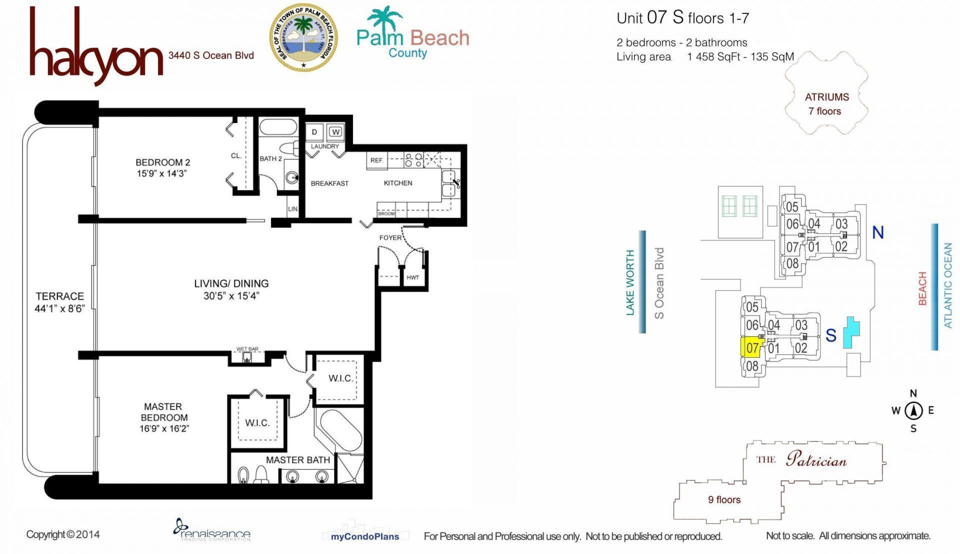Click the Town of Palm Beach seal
click(303, 37)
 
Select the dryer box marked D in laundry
click(314, 132)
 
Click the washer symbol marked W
click(335, 132)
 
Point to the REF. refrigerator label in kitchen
click(376, 160)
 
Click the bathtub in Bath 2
click(278, 126)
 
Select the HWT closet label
click(412, 277)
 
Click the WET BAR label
click(247, 349)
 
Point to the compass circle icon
click(913, 411)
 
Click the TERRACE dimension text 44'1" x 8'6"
click(59, 308)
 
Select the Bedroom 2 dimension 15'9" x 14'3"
click(162, 173)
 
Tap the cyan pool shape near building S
click(851, 331)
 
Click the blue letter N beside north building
click(877, 232)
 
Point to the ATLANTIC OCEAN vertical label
click(947, 285)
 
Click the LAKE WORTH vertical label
click(630, 282)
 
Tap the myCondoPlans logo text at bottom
click(364, 536)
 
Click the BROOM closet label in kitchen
click(386, 213)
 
